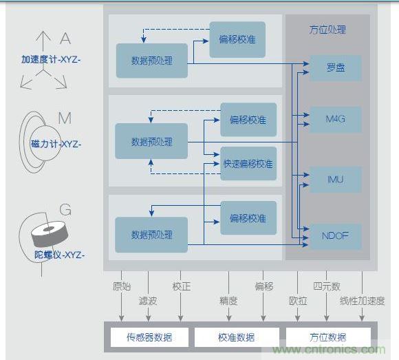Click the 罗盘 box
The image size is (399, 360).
[x=335, y=68]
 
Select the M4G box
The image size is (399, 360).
[x=335, y=119]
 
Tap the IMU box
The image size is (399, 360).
[x=335, y=179]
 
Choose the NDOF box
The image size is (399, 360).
[x=335, y=235]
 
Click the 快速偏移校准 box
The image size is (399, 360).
[x=248, y=164]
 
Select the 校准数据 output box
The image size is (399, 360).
[x=236, y=337]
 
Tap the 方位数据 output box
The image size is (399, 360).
[x=327, y=337]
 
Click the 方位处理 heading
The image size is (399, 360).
[x=327, y=30]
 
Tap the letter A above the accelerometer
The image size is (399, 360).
[x=65, y=38]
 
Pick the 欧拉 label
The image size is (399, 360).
[x=298, y=300]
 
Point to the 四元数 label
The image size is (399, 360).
[x=326, y=286]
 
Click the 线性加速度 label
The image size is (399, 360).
[x=363, y=301]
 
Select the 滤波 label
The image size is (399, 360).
[x=148, y=301]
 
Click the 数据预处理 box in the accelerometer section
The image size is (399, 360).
[x=151, y=61]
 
